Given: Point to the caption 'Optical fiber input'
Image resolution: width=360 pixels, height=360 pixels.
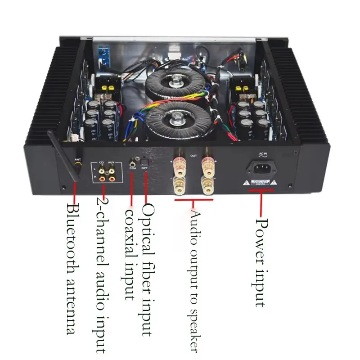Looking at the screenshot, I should pyautogui.click(x=148, y=270).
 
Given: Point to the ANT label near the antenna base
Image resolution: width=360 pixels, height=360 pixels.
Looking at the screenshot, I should pyautogui.click(x=77, y=158).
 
